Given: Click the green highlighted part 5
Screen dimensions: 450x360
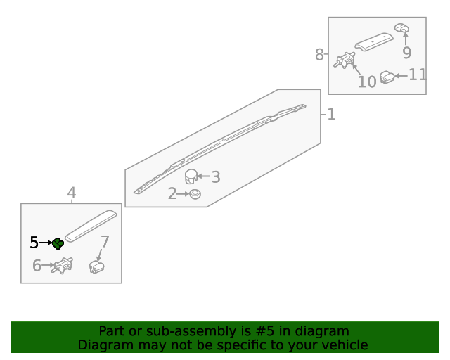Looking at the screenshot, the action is (58, 244).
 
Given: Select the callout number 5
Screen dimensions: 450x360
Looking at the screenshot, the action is (34, 243).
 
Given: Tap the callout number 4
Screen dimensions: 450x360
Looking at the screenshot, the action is (72, 193).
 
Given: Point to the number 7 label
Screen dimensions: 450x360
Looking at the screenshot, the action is (105, 242).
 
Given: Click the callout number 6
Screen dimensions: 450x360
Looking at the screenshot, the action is (37, 265).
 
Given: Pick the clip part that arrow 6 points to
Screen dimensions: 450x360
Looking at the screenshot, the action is (62, 266).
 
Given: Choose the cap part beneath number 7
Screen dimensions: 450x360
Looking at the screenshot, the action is (97, 266).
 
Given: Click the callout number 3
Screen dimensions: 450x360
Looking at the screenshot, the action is (216, 177).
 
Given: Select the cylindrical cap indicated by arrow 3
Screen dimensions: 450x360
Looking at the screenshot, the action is (191, 176).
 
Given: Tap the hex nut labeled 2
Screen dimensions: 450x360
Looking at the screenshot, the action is (195, 194).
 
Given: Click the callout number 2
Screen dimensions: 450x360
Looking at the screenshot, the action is (172, 193).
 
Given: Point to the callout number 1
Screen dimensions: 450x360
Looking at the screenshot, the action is (331, 115).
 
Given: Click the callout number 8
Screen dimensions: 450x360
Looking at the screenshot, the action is (319, 54).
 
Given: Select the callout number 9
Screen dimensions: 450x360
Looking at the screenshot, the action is (406, 53).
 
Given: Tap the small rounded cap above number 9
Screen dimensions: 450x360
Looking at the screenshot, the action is (401, 28).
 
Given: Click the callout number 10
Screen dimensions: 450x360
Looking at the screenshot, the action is (367, 82).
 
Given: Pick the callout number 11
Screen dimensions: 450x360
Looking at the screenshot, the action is (417, 75).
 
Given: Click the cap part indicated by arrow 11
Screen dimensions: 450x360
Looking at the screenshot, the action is (387, 77).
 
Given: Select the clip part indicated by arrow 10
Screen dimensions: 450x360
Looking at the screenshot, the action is (345, 60).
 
